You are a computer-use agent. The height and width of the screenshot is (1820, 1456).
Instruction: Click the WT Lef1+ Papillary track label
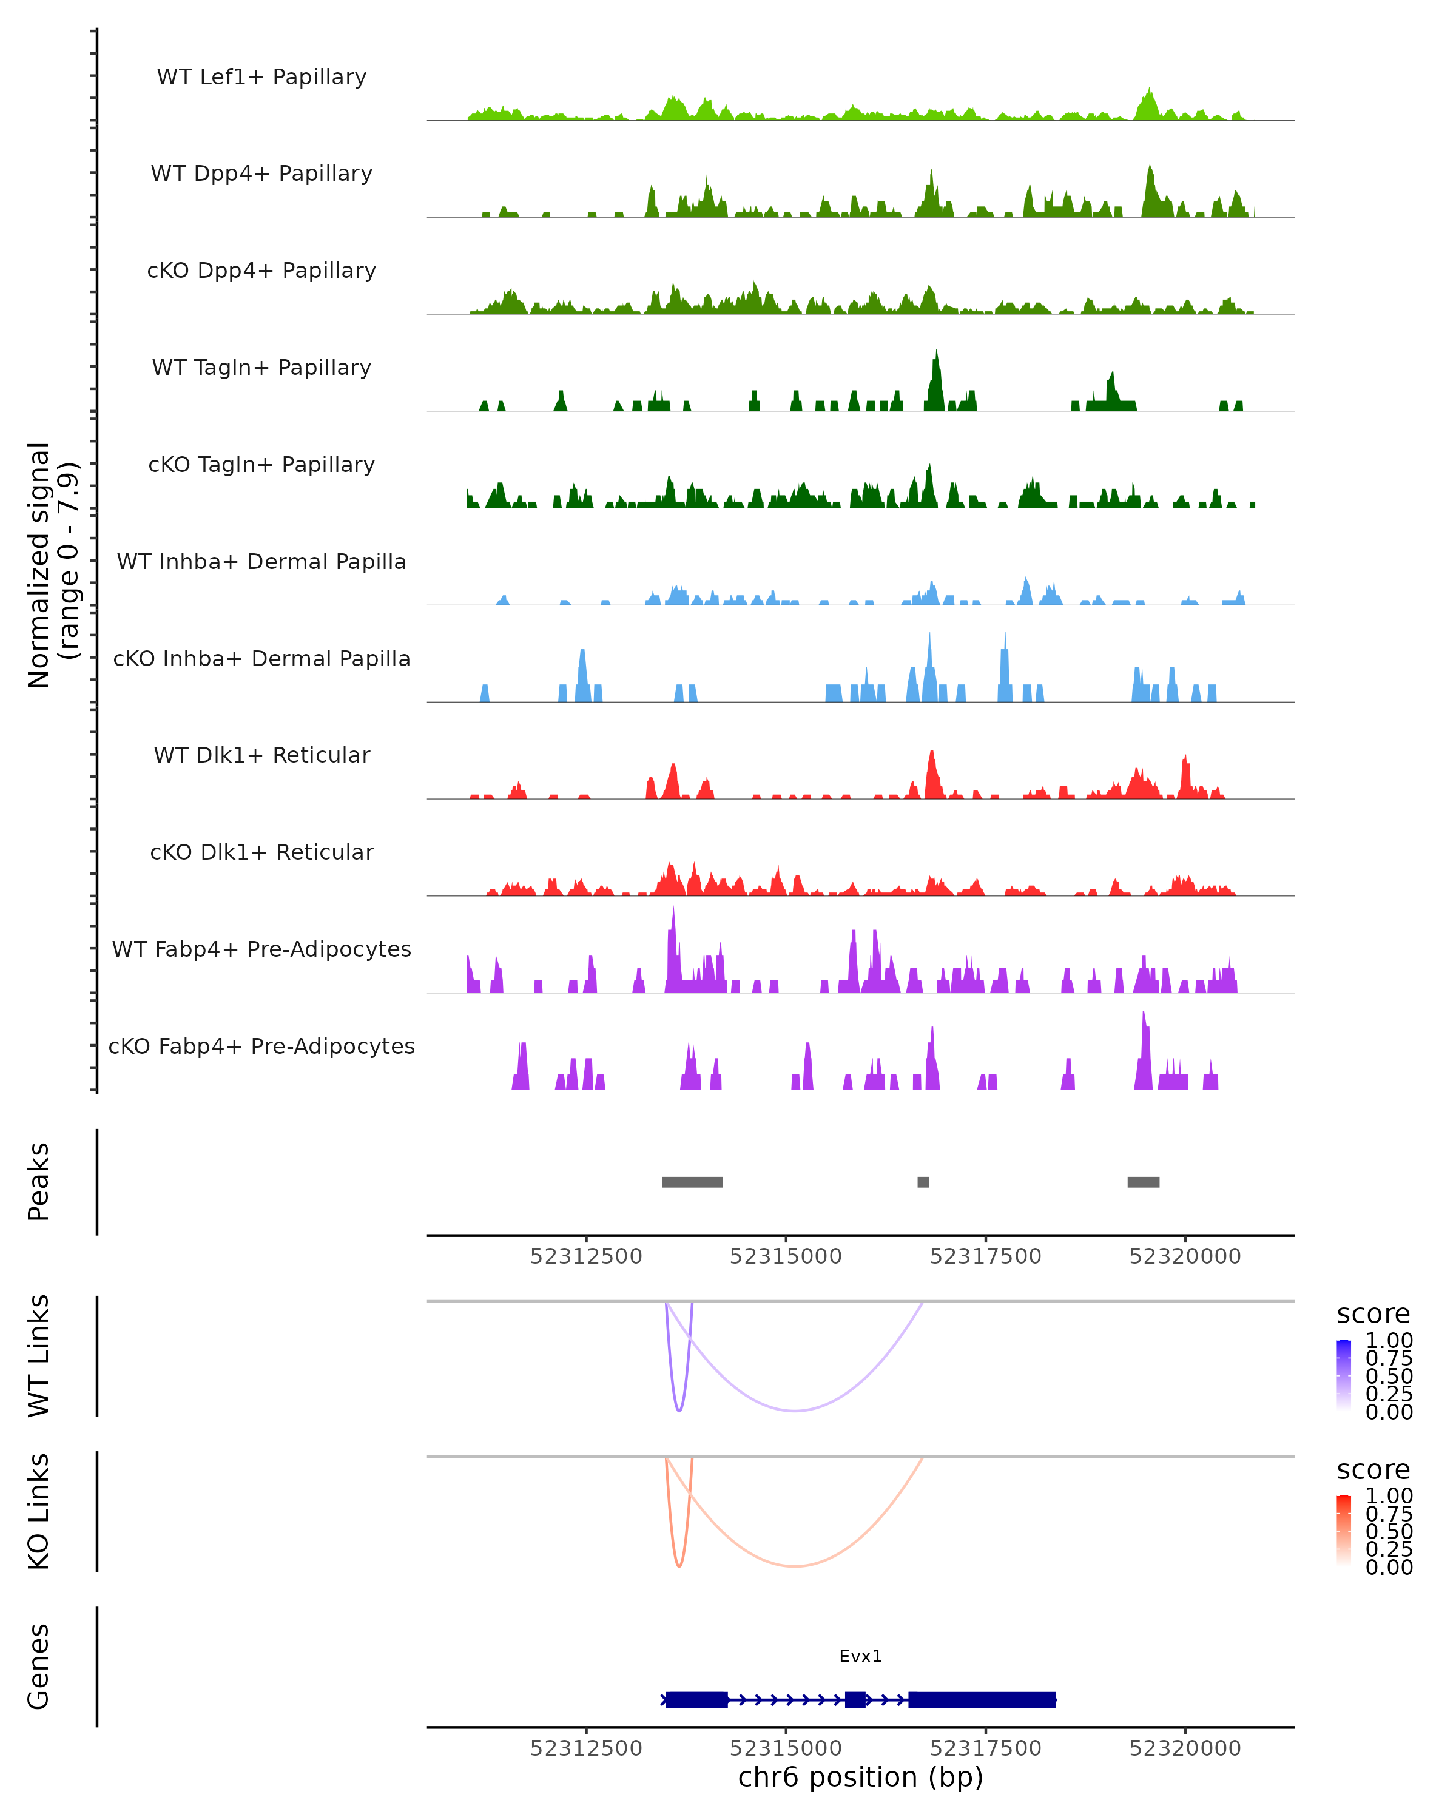261,77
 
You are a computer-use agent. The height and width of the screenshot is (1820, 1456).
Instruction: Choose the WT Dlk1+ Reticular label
261,755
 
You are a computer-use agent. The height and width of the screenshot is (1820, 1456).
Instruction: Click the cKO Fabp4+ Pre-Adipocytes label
261,1046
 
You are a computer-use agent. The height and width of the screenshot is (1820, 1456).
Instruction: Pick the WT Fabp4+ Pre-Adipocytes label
261,949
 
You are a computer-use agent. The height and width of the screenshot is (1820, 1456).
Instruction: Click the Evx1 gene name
860,1656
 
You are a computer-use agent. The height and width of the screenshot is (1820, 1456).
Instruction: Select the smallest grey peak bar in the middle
923,1182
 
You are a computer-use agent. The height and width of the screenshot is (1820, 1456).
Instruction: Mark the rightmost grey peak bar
1143,1182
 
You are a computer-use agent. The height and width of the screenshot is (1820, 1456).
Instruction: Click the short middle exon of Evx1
855,1699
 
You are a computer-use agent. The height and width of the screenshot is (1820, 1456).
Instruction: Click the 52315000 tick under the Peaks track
786,1256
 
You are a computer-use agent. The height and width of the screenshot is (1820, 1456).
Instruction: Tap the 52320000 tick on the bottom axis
1185,1748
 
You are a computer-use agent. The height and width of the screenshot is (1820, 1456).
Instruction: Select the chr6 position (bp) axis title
860,1778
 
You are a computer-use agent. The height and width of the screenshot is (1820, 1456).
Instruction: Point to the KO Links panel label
39,1511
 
